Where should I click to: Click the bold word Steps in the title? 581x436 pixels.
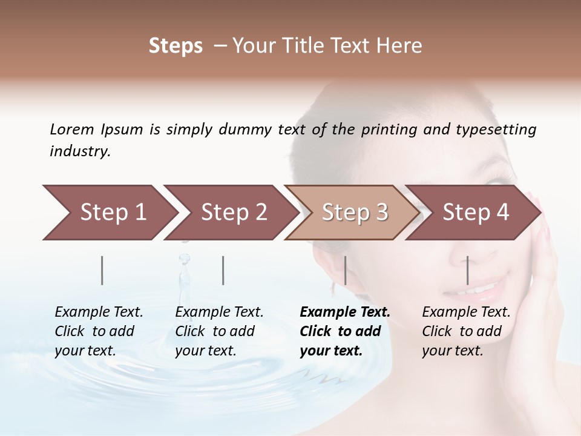point(176,46)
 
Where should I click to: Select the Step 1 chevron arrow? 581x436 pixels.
point(109,212)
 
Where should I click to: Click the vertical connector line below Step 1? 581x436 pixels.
point(102,270)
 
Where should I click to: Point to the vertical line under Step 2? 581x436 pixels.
point(223,270)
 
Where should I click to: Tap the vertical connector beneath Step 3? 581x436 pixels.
point(345,270)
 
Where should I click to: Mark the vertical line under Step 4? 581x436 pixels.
point(467,270)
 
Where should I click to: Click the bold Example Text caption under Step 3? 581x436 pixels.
point(345,331)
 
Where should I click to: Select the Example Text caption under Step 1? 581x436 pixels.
point(99,331)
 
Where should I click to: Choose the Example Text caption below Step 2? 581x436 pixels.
point(219,331)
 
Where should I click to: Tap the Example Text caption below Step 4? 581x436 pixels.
point(466,331)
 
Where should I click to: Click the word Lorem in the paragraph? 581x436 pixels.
point(72,129)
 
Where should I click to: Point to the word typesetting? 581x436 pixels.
point(496,130)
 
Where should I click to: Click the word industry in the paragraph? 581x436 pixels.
point(79,151)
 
